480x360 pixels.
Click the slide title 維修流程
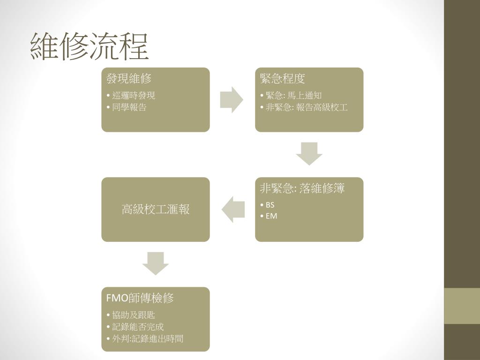[89, 47]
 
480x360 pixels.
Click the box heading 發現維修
[129, 79]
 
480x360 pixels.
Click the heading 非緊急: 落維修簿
[302, 188]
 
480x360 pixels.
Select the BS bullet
[270, 205]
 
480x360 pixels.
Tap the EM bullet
[271, 216]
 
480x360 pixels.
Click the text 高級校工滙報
[156, 210]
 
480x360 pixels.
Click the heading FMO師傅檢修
[140, 298]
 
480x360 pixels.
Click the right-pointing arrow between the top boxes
[232, 99]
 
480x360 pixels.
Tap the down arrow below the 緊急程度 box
[309, 153]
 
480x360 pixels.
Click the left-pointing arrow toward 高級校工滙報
[233, 209]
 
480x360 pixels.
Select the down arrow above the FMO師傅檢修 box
[156, 263]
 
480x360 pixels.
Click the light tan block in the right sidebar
[462, 306]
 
